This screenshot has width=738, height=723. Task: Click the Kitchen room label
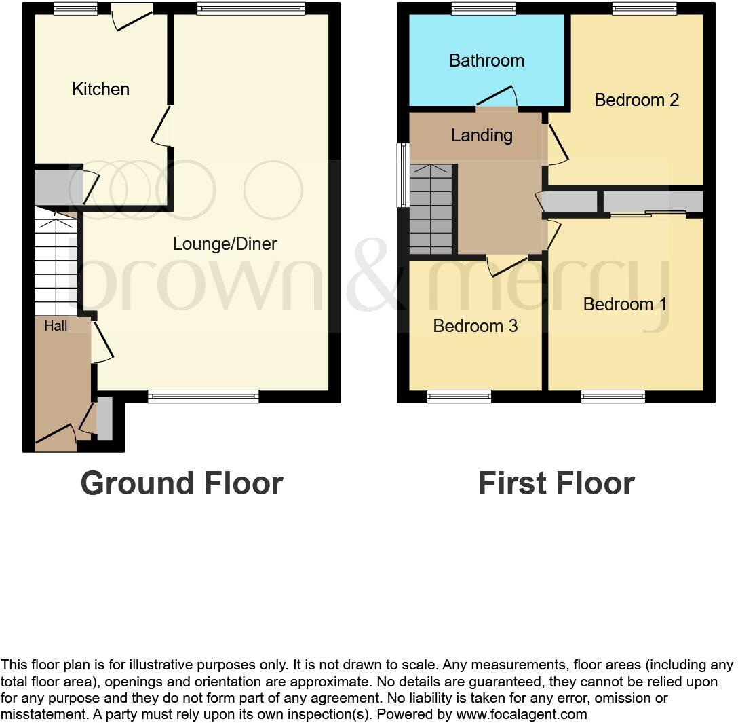point(100,89)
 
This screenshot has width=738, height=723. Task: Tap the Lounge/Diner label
point(225,244)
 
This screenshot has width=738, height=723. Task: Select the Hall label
point(56,326)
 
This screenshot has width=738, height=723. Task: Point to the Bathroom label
point(486,60)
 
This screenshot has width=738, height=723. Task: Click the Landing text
point(482,135)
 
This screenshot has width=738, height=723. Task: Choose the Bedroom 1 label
point(625,304)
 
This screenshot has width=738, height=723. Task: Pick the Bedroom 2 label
point(636,100)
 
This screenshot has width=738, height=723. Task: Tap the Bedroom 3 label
point(475,326)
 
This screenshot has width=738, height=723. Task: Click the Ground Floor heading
point(181,483)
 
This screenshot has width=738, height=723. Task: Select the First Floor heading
point(556,483)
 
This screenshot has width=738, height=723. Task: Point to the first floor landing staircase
point(431,209)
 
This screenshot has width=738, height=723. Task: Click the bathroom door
point(499,97)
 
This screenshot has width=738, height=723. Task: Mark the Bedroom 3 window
point(459,396)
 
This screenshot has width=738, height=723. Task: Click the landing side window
point(403,174)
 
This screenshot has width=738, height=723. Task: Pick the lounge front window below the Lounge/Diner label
point(203,396)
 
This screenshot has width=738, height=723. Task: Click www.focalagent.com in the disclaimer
point(522,714)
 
